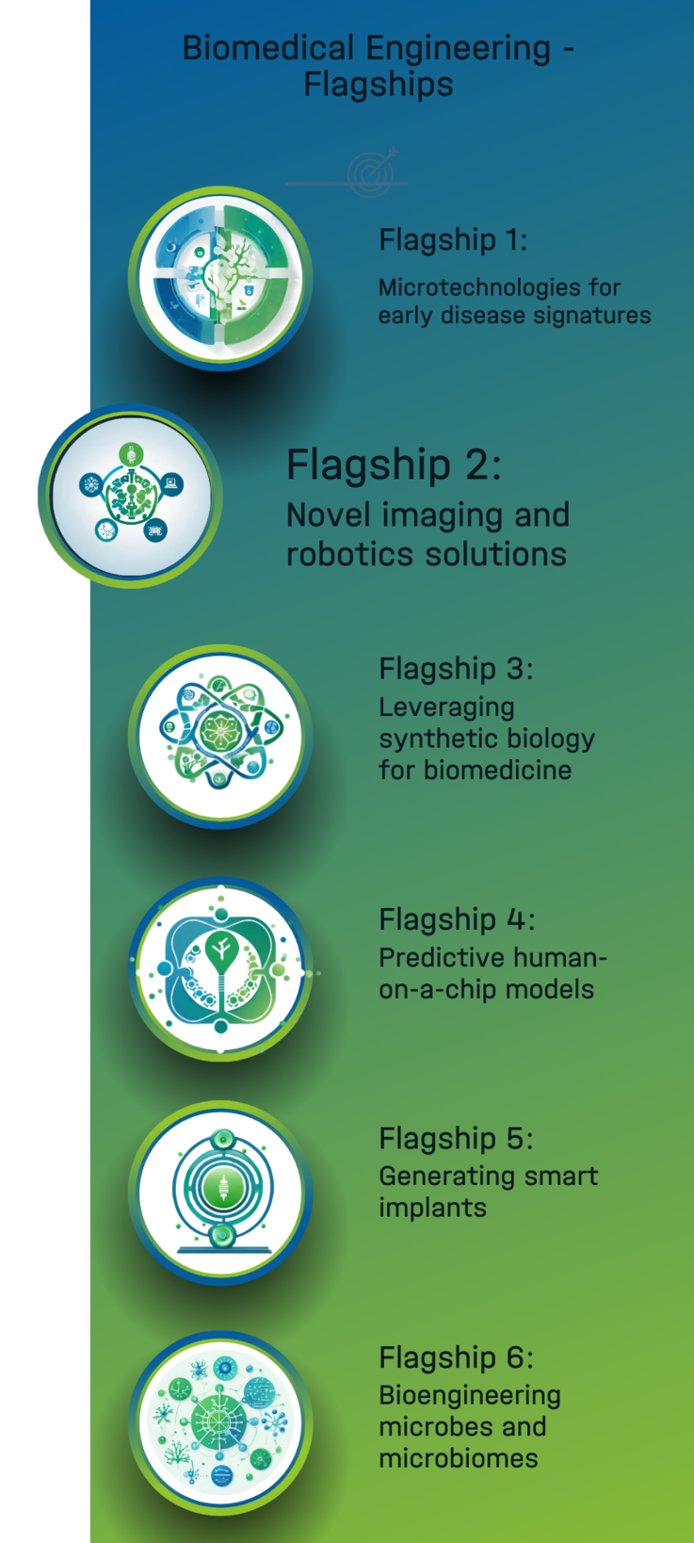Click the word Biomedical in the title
pyautogui.click(x=267, y=49)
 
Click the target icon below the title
pyautogui.click(x=373, y=172)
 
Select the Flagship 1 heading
pyautogui.click(x=453, y=239)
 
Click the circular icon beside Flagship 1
pyautogui.click(x=220, y=278)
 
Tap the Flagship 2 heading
pyautogui.click(x=394, y=464)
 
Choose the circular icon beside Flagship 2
pyautogui.click(x=130, y=495)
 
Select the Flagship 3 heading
pyautogui.click(x=456, y=669)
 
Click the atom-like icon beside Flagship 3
pyautogui.click(x=220, y=735)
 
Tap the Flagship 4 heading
pyautogui.click(x=457, y=919)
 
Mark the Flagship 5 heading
pyautogui.click(x=456, y=1139)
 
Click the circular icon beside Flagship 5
pyautogui.click(x=220, y=1193)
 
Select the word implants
pyautogui.click(x=433, y=1209)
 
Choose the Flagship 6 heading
pyautogui.click(x=456, y=1357)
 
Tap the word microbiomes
pyautogui.click(x=459, y=1458)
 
